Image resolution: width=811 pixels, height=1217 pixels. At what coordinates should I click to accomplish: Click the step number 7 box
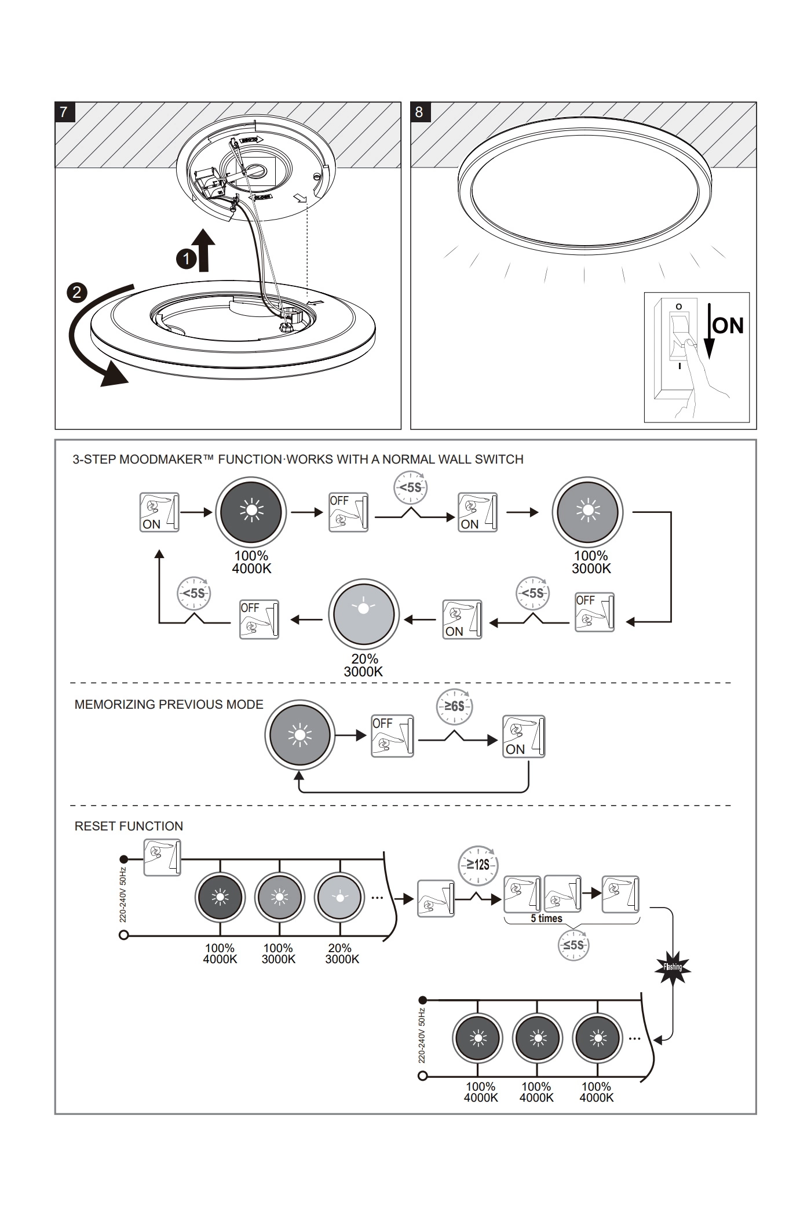(x=64, y=112)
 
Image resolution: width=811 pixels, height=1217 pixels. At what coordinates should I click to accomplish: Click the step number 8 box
(x=419, y=112)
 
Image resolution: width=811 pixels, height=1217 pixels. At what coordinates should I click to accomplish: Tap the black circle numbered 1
(x=186, y=259)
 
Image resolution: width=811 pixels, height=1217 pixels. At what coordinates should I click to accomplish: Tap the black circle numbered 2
(x=77, y=292)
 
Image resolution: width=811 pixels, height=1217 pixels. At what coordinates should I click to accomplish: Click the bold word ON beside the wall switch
(x=728, y=326)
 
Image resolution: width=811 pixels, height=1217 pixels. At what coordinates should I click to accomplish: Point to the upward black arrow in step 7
(x=204, y=250)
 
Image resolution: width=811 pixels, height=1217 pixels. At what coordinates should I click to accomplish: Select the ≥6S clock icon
(x=454, y=707)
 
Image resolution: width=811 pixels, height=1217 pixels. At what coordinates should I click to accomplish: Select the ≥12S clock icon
(x=478, y=865)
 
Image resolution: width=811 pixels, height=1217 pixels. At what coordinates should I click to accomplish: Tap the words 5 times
(x=546, y=919)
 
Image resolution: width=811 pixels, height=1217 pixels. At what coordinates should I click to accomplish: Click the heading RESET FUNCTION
(x=129, y=826)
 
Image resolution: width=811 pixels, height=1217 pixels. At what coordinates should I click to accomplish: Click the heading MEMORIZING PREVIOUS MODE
(x=169, y=705)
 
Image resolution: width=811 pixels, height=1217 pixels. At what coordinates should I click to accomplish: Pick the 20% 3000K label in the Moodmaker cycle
(x=364, y=665)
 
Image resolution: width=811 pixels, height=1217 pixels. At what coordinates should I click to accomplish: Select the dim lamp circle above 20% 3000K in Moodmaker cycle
(x=363, y=613)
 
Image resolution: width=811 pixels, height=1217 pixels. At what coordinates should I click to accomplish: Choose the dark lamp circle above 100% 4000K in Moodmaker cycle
(x=251, y=512)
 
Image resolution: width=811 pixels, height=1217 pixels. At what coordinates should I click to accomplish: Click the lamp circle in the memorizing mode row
(x=299, y=735)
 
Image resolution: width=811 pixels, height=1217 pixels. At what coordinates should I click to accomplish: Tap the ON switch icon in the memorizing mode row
(x=524, y=736)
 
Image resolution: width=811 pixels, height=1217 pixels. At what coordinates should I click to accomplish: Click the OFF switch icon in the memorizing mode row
(x=393, y=736)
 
